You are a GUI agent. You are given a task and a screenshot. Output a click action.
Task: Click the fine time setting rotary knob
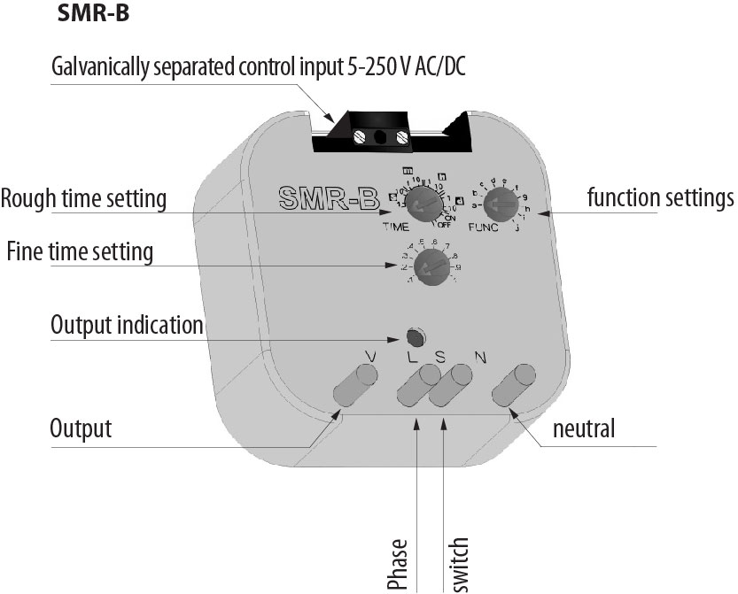(x=431, y=264)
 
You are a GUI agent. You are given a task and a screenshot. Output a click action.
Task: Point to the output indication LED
(x=414, y=336)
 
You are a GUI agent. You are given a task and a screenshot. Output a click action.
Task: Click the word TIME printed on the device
(x=395, y=227)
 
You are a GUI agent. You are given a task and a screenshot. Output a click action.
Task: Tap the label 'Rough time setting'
(x=84, y=199)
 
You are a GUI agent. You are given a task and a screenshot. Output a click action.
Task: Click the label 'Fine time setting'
(x=80, y=252)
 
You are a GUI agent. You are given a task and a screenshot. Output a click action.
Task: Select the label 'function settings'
(x=661, y=197)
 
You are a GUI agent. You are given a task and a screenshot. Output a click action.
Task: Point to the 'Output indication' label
(x=128, y=325)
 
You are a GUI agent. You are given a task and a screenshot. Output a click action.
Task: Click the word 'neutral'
(x=583, y=430)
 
